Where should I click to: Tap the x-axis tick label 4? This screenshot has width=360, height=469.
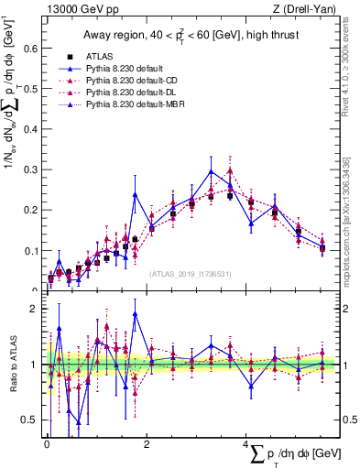(x=246, y=444)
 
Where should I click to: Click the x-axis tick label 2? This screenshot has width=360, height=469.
(x=147, y=444)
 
